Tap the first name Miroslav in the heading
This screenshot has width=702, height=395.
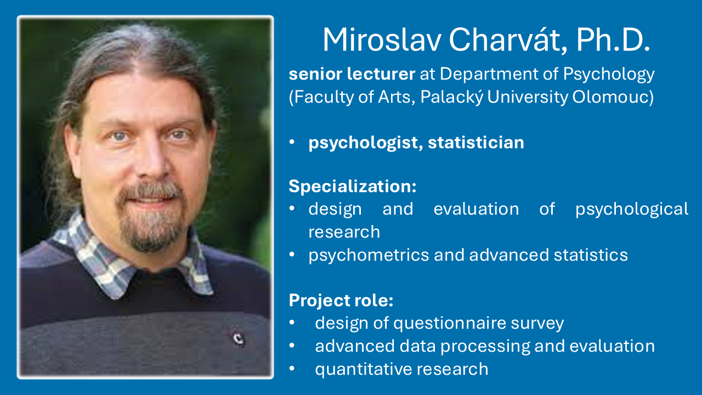[382, 39]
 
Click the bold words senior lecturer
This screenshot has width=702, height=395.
[352, 74]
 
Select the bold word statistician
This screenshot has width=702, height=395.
[476, 142]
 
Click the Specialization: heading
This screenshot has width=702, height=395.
[353, 186]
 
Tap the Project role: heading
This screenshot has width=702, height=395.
[341, 300]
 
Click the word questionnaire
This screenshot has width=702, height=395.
[450, 323]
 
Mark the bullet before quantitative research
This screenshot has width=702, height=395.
[292, 369]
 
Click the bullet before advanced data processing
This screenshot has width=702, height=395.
[292, 346]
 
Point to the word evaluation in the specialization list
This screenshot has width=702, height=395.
[477, 209]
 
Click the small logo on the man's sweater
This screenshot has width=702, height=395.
[238, 338]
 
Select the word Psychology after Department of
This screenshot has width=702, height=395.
[609, 75]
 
